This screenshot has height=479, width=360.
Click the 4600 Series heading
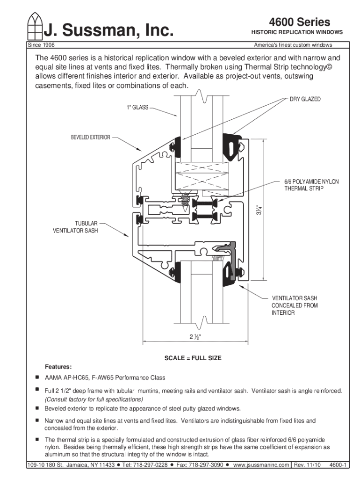tap(299, 22)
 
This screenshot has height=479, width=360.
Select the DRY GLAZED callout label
tap(305, 100)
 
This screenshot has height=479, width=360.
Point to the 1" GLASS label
tap(137, 108)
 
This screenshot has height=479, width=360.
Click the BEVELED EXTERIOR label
tap(91, 138)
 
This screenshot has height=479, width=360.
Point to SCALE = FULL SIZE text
tap(193, 358)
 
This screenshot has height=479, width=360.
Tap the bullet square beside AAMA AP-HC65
tap(35, 377)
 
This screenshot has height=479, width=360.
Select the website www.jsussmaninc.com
tap(261, 465)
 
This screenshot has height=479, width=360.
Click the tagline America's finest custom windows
tap(293, 45)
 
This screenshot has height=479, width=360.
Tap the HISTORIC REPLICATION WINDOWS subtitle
tap(297, 32)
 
